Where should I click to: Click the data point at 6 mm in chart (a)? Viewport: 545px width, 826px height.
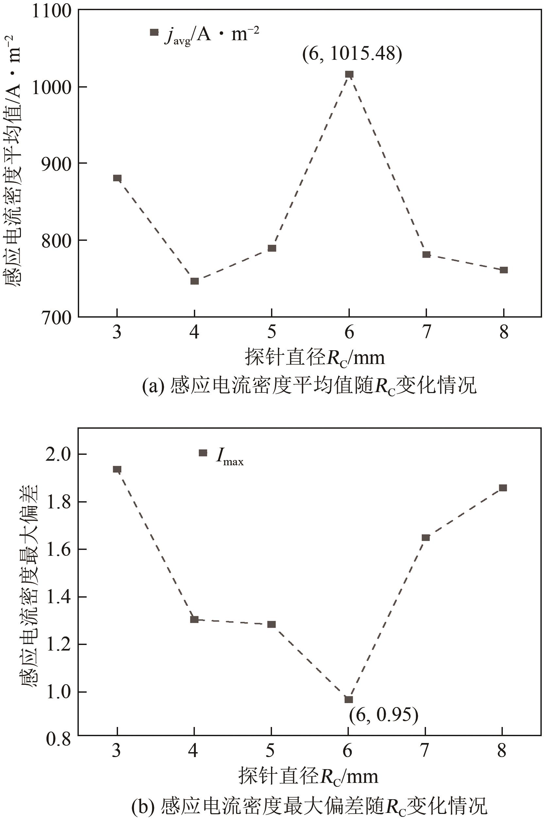click(349, 74)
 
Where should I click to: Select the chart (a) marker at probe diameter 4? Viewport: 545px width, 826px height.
click(195, 281)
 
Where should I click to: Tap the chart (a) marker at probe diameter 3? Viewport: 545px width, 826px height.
click(117, 178)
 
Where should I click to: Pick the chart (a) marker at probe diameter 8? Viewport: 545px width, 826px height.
click(503, 270)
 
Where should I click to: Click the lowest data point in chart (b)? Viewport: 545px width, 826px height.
click(349, 699)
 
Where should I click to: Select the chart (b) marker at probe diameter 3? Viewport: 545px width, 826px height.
click(117, 469)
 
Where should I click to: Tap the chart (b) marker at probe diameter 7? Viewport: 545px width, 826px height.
click(426, 537)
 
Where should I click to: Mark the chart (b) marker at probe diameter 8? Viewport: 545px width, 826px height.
click(503, 488)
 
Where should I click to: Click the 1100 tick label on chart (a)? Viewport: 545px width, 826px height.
click(51, 11)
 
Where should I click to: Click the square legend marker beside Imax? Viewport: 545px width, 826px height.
click(203, 453)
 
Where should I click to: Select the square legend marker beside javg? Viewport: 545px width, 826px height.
click(154, 32)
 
